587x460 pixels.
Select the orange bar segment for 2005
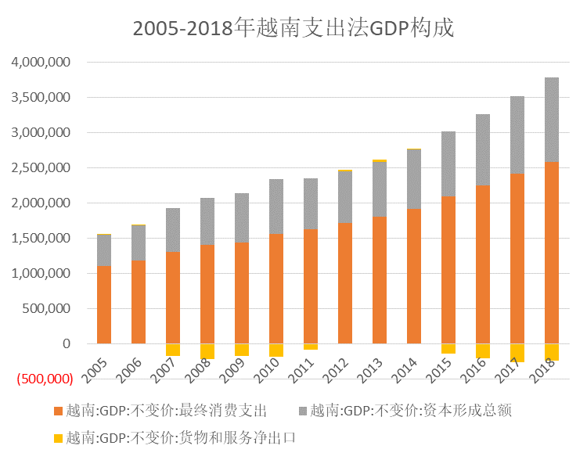[104, 304]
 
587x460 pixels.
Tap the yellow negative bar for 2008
[207, 350]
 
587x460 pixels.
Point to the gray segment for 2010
[276, 207]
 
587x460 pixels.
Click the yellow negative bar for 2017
[517, 353]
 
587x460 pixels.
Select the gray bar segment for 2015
[448, 164]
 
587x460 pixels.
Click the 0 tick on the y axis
[66, 344]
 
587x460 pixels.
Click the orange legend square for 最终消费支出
[59, 411]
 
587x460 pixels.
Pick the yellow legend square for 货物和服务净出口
[59, 438]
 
